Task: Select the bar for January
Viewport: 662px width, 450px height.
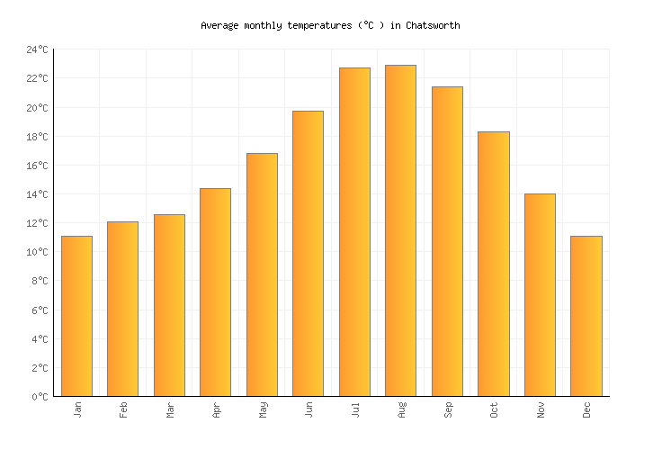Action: [x=76, y=316]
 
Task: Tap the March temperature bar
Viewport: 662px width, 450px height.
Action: [x=169, y=305]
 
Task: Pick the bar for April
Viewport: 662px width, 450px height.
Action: [x=215, y=292]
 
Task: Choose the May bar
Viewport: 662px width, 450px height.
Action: [x=262, y=274]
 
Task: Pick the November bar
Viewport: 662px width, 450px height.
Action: [x=540, y=295]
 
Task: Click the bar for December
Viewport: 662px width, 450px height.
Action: [x=586, y=316]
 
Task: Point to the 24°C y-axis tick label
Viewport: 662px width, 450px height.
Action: [x=37, y=50]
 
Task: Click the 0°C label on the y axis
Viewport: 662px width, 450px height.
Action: [x=40, y=397]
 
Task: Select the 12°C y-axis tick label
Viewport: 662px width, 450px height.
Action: [x=37, y=223]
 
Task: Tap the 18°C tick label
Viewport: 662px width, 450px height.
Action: [x=37, y=137]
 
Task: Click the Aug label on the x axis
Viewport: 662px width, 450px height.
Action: [x=402, y=409]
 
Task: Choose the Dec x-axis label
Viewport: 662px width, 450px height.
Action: [x=587, y=409]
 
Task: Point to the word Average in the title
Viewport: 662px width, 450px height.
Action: [x=219, y=25]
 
